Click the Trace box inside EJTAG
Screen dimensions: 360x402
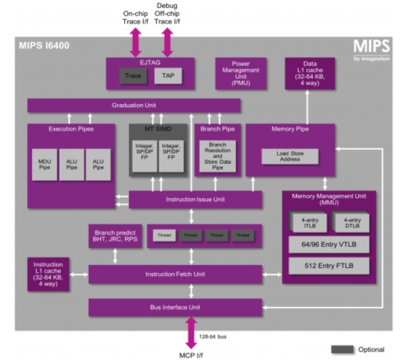click(133, 76)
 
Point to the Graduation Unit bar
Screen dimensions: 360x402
click(133, 105)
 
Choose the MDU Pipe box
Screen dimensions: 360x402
click(45, 164)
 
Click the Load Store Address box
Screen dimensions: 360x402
click(289, 156)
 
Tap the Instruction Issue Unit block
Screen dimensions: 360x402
click(195, 199)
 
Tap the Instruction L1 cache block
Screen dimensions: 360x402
click(47, 273)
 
